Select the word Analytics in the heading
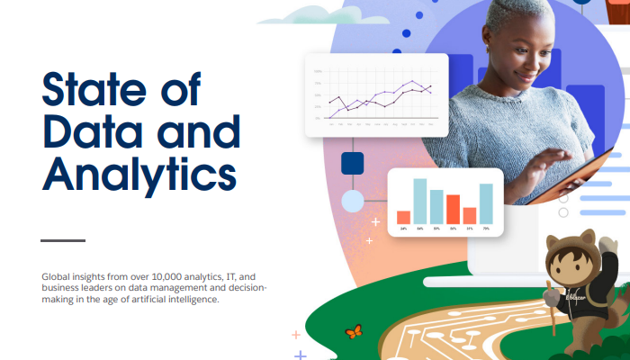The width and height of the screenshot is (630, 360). [139, 175]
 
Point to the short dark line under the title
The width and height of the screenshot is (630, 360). [63, 240]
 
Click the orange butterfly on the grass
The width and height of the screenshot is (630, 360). [355, 331]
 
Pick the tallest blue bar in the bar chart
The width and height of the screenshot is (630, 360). [419, 201]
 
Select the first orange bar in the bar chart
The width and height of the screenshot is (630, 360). [403, 217]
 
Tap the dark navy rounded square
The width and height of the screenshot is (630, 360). [352, 163]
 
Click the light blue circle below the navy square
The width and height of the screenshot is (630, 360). [352, 200]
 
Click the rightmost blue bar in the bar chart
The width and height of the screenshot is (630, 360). [486, 203]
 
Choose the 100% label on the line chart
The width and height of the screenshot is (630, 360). [318, 71]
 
